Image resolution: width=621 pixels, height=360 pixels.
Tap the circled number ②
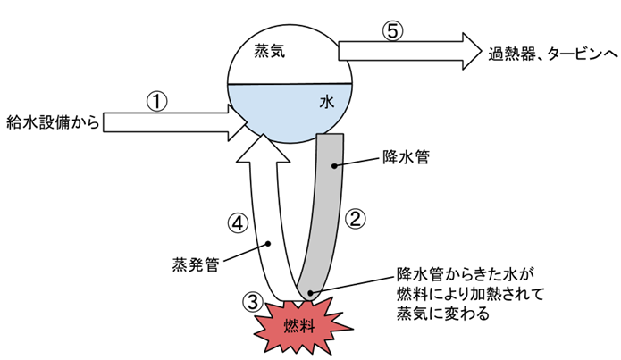pos(355,217)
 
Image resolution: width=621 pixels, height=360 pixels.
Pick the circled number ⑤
pos(393,29)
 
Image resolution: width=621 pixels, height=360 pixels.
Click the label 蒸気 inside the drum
pos(269,52)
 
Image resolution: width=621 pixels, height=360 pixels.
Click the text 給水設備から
pos(50,121)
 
